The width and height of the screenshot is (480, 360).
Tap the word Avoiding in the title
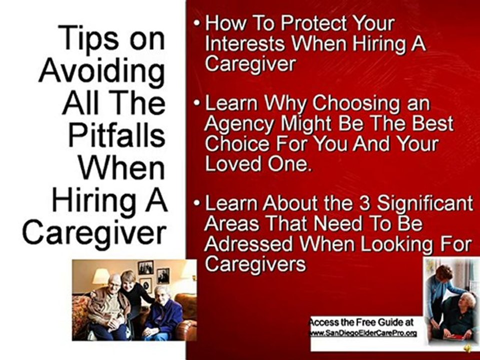(102, 70)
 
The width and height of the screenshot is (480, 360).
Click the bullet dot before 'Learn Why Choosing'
(199, 104)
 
